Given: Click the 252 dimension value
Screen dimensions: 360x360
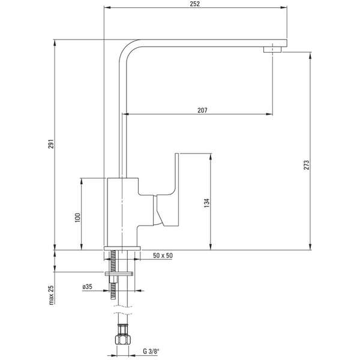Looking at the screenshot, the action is coord(195,4).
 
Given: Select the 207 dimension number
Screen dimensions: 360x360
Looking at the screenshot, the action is coord(202,110).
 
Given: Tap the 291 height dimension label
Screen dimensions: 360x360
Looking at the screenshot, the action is coord(51,144).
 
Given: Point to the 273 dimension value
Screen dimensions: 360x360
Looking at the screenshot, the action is coord(307,165).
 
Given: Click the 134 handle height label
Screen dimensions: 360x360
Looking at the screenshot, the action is coord(207,203).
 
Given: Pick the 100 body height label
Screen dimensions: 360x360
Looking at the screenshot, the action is coord(77,218).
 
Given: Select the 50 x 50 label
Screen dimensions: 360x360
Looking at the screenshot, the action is coord(163,256).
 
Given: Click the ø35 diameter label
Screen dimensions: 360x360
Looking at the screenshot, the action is coord(87,287).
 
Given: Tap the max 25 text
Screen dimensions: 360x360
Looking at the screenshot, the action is coord(51,295).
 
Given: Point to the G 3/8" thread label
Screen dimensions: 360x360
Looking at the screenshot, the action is coord(151,352).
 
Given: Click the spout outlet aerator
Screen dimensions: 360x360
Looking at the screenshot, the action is coord(272,50).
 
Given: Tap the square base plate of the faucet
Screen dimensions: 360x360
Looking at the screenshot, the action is coord(122,248).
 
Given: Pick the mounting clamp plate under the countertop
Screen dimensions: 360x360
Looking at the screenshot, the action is coord(119,274).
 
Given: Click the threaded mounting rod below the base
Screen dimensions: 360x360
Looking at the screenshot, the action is coord(113,275).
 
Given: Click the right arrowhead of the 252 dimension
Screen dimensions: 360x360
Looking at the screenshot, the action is coord(284,8).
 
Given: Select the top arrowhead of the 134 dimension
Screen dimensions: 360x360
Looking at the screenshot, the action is coord(211,157).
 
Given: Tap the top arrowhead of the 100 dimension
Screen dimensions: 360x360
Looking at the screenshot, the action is coord(81,181).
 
